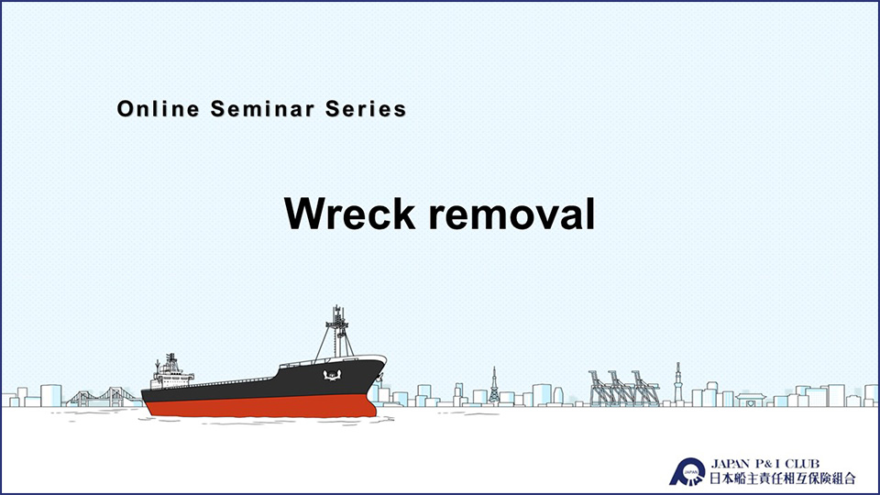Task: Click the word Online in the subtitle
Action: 159,109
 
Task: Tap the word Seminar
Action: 263,109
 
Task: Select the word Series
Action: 366,109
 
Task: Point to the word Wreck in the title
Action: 349,214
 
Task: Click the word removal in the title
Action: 511,214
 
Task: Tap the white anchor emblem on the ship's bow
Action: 332,375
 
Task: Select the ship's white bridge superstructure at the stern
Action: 170,373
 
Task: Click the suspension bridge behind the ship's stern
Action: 104,396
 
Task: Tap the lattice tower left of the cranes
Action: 494,386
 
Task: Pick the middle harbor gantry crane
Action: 621,389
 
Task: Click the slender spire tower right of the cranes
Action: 678,383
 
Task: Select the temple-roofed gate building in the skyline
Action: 751,400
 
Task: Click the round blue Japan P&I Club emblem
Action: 687,472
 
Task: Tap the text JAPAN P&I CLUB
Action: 764,464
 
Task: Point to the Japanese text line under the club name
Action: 782,478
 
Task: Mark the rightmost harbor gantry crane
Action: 645,389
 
